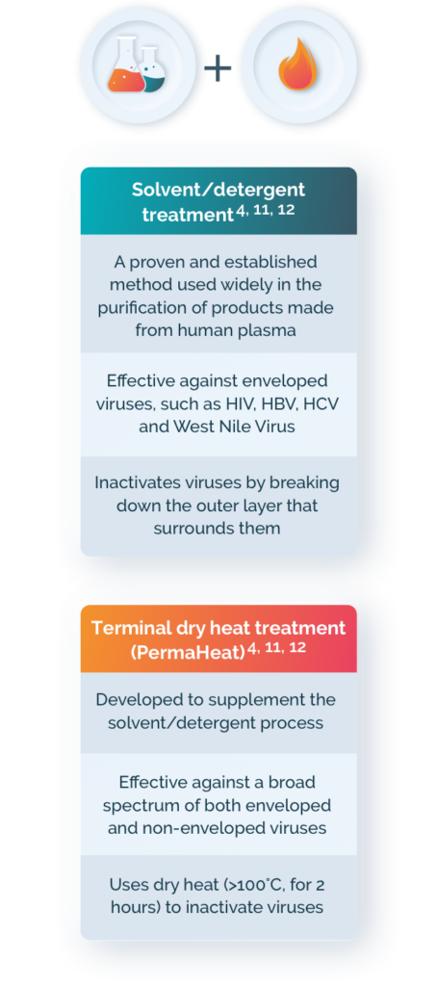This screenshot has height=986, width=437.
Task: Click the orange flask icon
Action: pos(128,68)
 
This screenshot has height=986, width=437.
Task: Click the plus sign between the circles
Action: pos(218,66)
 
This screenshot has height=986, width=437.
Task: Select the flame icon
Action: pos(297,65)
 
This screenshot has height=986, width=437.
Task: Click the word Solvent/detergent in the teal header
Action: pos(218,190)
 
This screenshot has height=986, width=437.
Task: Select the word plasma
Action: pos(264,329)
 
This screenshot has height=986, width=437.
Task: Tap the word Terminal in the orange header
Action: pos(130,627)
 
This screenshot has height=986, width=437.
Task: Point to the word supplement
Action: pos(265,699)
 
